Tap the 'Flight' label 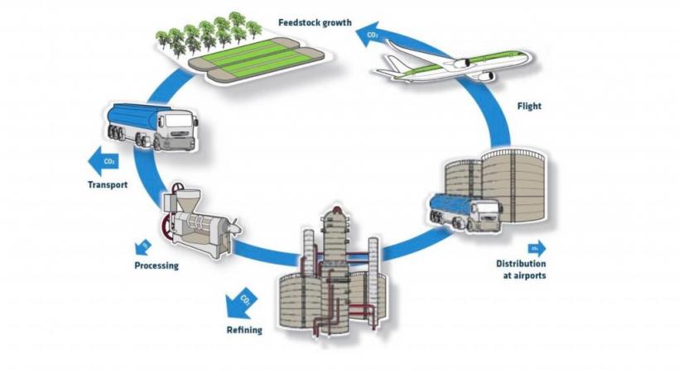pyautogui.click(x=529, y=107)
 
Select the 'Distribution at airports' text pyautogui.click(x=521, y=269)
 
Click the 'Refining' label pyautogui.click(x=244, y=330)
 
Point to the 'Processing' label pyautogui.click(x=157, y=265)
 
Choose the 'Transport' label pyautogui.click(x=108, y=184)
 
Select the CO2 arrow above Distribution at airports pyautogui.click(x=534, y=247)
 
